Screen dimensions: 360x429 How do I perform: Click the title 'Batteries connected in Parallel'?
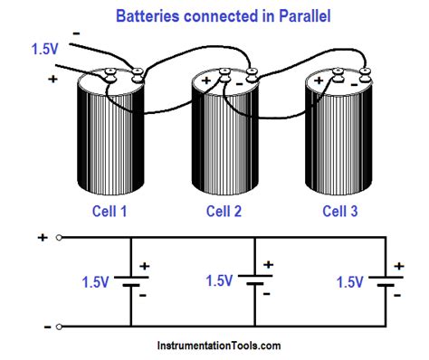(x=214, y=15)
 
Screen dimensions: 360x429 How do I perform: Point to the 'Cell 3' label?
(x=341, y=211)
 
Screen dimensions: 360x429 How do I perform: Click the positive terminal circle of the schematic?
(x=59, y=238)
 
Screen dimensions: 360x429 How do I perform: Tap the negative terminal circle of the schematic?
(x=59, y=325)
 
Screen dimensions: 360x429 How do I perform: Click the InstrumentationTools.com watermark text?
(x=215, y=346)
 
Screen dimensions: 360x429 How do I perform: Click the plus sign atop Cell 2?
(x=206, y=81)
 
